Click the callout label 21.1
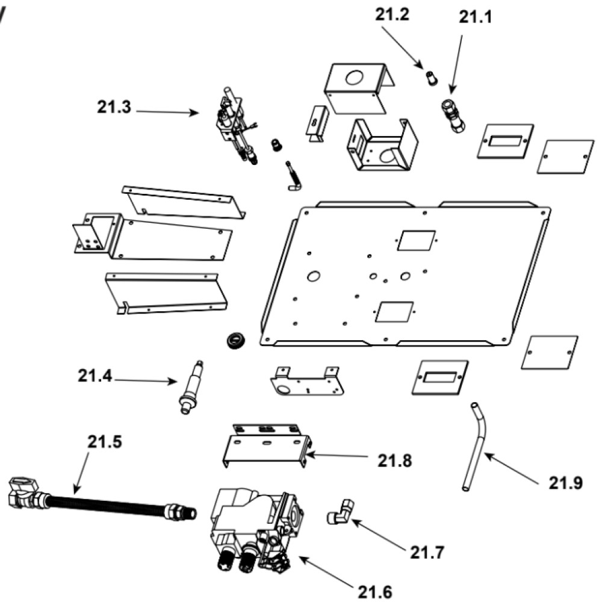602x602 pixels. coord(475,17)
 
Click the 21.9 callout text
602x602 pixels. coord(565,483)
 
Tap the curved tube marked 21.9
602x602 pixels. coord(475,445)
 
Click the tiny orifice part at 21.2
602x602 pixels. coord(430,76)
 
